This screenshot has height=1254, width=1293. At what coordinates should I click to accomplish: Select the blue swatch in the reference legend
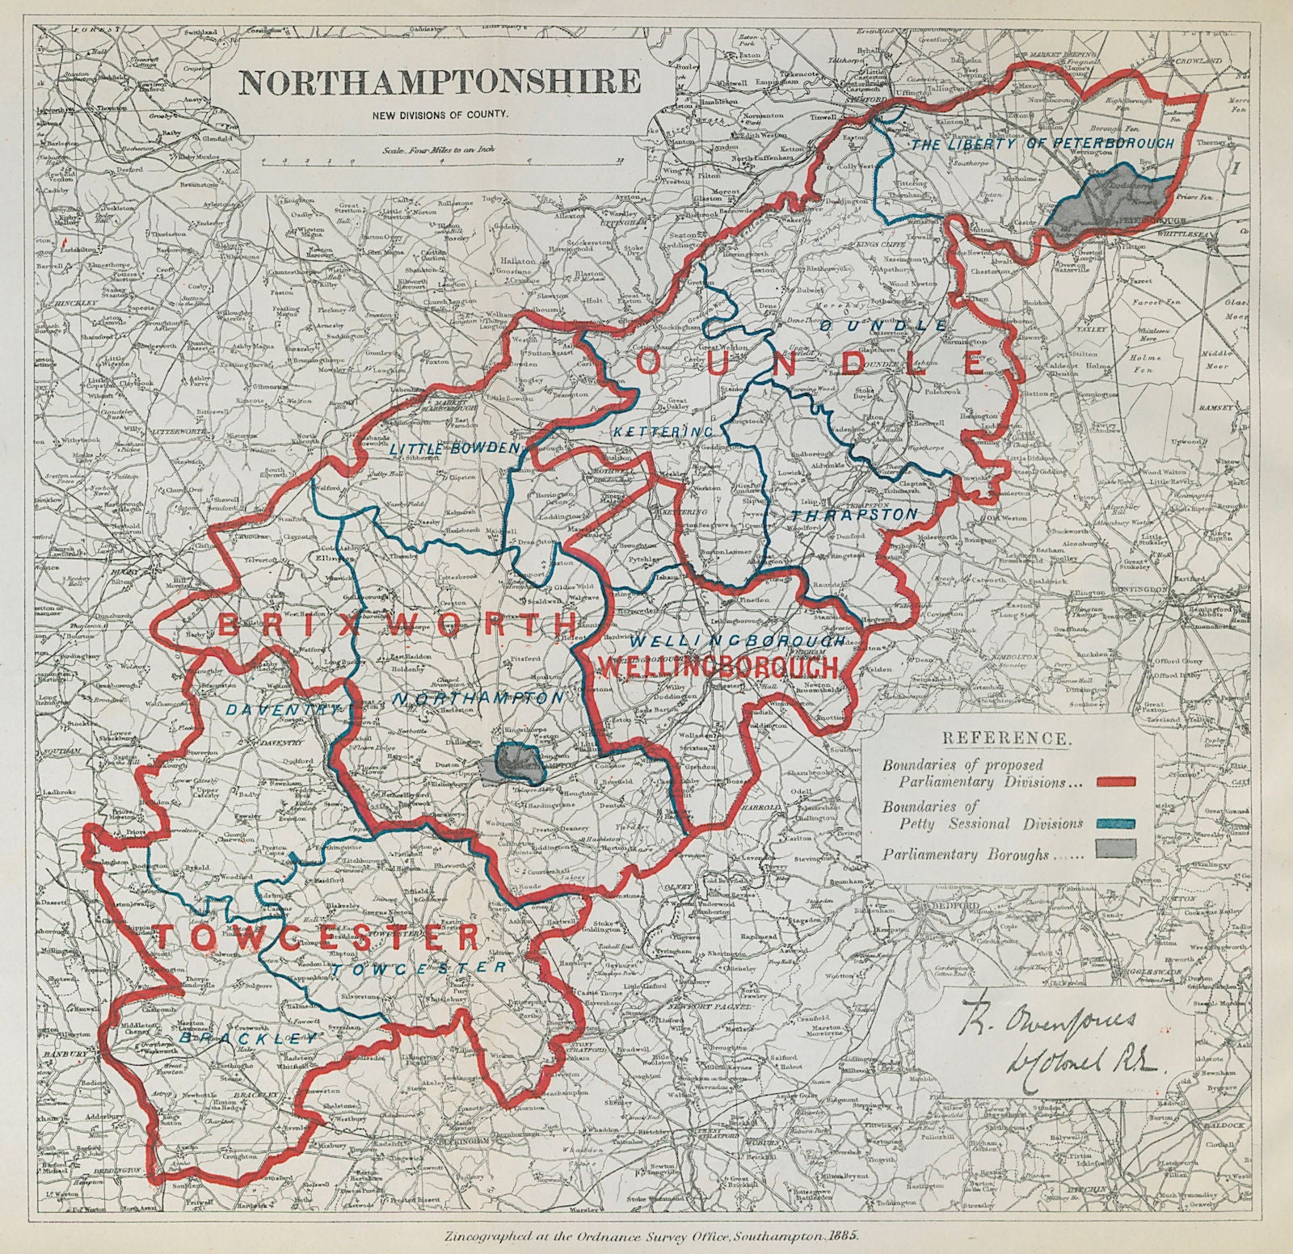[1115, 823]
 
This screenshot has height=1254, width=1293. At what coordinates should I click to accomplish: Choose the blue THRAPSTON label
[854, 514]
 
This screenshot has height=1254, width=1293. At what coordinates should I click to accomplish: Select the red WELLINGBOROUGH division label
[716, 667]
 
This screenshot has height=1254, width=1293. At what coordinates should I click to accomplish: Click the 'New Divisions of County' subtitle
[440, 114]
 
